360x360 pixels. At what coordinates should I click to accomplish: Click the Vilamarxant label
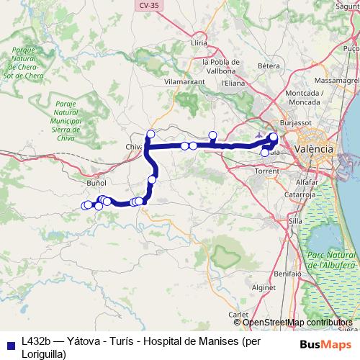[185, 82]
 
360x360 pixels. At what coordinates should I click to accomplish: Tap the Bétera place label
[268, 66]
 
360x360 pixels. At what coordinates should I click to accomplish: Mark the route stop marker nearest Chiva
[150, 133]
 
